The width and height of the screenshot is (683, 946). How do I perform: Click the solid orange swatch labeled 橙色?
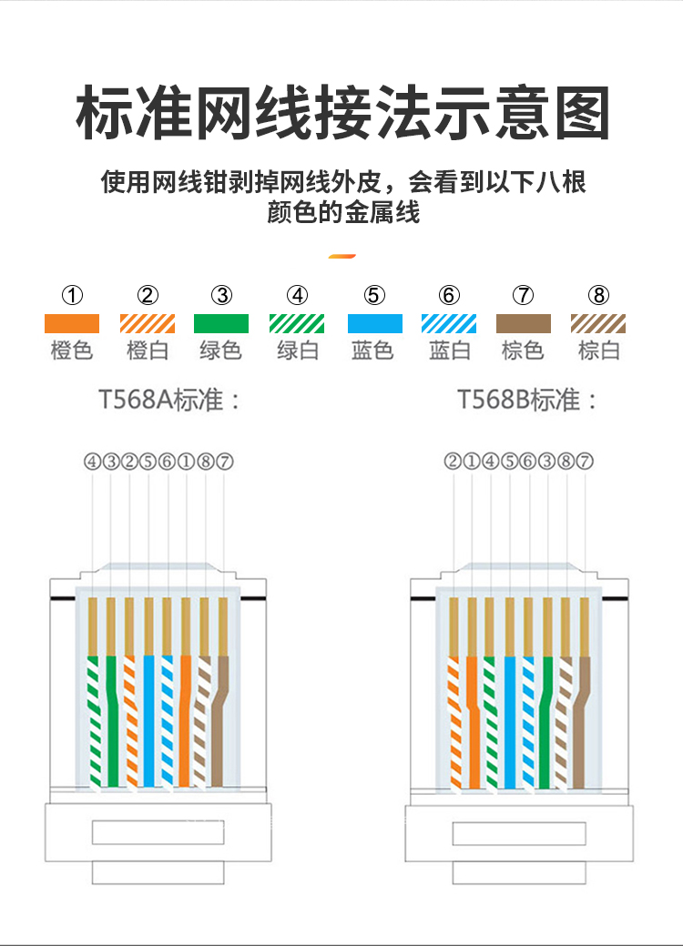tap(72, 323)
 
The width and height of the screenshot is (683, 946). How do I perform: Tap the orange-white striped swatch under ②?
tap(148, 323)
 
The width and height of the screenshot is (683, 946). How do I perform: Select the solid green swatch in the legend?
tap(220, 323)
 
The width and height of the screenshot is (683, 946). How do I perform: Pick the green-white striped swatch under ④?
tap(297, 323)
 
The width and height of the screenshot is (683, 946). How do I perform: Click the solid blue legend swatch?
tap(374, 323)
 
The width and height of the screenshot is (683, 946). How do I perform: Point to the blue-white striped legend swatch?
tap(449, 323)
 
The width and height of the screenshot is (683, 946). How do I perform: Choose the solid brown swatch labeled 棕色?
tap(523, 323)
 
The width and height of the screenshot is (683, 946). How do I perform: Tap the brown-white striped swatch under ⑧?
tap(598, 323)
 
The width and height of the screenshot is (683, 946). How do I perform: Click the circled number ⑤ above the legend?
tap(374, 296)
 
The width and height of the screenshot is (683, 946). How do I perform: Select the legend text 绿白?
tap(298, 351)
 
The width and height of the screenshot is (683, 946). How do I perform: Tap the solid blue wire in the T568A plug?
tap(149, 721)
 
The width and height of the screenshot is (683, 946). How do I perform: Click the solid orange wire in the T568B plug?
tap(473, 722)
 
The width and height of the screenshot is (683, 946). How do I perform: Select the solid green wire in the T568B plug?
tap(546, 722)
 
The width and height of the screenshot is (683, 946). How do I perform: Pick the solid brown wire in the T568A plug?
tap(220, 721)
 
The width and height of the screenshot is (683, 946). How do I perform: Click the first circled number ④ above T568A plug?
tap(92, 462)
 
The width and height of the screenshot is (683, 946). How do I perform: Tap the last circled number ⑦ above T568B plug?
tap(585, 462)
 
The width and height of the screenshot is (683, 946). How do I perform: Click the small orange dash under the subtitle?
tap(342, 257)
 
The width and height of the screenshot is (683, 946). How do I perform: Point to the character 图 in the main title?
tap(582, 114)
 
